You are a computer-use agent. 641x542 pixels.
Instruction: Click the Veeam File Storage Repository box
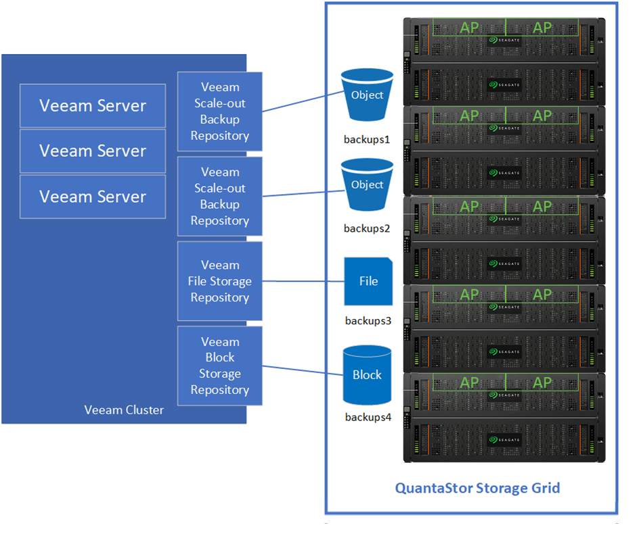[x=220, y=281]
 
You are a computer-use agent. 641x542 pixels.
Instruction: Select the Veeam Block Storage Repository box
[x=220, y=366]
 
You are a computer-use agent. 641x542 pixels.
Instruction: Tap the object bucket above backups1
[x=367, y=95]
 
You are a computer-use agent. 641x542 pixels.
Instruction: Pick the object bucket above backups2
[x=367, y=184]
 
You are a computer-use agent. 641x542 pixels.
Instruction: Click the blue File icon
[x=368, y=281]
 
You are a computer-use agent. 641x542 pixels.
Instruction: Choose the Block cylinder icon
[x=367, y=374]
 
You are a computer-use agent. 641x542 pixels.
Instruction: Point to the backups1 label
[x=367, y=140]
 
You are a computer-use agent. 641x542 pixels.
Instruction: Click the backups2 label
[x=367, y=228]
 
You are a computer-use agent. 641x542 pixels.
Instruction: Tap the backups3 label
[x=368, y=321]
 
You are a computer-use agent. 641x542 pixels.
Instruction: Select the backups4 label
[x=368, y=417]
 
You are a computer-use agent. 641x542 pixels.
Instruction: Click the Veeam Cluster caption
[x=124, y=410]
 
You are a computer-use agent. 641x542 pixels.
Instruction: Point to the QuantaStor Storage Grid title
[x=477, y=488]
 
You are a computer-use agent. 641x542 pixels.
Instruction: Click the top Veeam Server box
[x=93, y=105]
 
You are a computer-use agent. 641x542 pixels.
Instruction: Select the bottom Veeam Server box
[x=93, y=197]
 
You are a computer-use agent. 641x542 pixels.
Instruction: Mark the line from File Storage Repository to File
[x=303, y=281]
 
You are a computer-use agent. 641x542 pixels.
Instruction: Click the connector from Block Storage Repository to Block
[x=303, y=370]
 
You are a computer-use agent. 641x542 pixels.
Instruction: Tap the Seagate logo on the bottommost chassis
[x=504, y=439]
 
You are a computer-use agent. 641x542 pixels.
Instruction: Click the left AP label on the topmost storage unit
[x=469, y=28]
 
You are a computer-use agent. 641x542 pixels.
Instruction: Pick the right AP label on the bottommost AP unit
[x=542, y=383]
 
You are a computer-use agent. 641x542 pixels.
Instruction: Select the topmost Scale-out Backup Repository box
[x=220, y=112]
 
